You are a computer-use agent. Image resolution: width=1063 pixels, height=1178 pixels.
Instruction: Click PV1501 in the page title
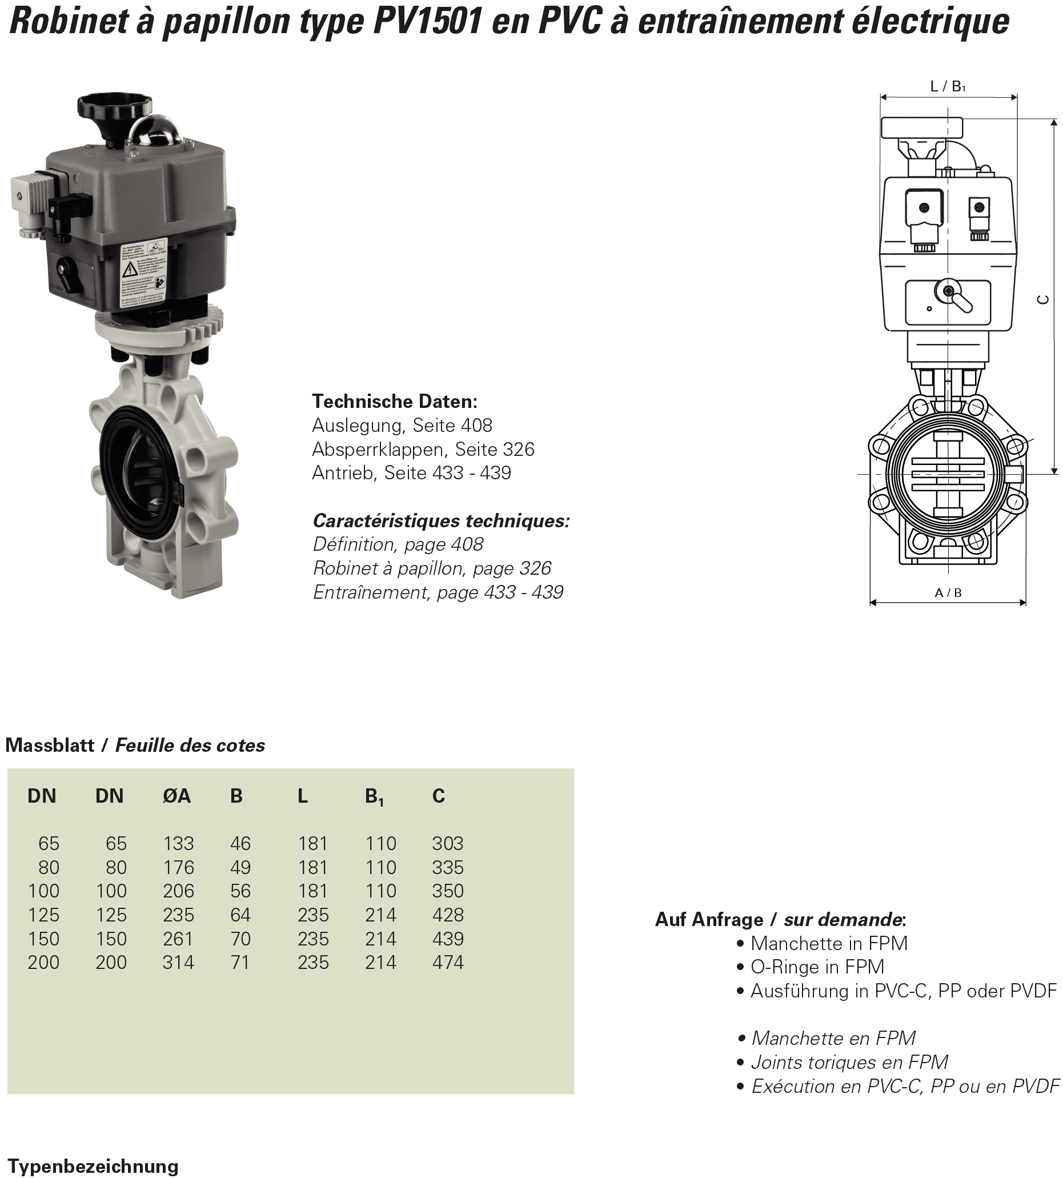tap(427, 22)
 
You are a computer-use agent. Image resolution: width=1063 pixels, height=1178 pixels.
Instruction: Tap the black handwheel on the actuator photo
tap(114, 108)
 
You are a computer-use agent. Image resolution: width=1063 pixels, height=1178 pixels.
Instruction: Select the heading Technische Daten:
tap(395, 401)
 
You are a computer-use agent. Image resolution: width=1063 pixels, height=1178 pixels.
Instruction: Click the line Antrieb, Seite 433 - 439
tap(411, 472)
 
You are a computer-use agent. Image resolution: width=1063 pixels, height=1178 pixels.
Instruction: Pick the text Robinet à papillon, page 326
tap(432, 568)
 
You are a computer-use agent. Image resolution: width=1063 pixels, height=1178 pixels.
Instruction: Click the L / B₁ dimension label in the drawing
tap(948, 86)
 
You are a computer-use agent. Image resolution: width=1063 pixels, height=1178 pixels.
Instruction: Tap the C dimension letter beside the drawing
tap(1042, 299)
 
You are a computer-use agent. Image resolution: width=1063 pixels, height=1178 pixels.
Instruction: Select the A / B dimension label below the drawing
tap(948, 593)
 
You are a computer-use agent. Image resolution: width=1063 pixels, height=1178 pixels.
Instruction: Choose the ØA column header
tap(177, 796)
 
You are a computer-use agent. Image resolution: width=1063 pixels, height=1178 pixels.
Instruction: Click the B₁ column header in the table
tap(374, 796)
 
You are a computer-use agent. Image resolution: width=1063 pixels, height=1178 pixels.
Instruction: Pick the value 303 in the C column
tap(447, 843)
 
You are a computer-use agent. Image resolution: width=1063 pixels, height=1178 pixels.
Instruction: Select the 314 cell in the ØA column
tap(178, 962)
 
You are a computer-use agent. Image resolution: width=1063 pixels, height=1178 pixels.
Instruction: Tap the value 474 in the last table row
tap(447, 962)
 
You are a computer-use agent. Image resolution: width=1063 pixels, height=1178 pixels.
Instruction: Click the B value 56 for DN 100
tap(240, 891)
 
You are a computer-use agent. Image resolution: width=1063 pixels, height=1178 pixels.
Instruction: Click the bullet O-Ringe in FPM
tap(816, 967)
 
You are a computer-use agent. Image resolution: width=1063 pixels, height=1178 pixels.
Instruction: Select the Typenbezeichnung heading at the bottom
tap(93, 1167)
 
